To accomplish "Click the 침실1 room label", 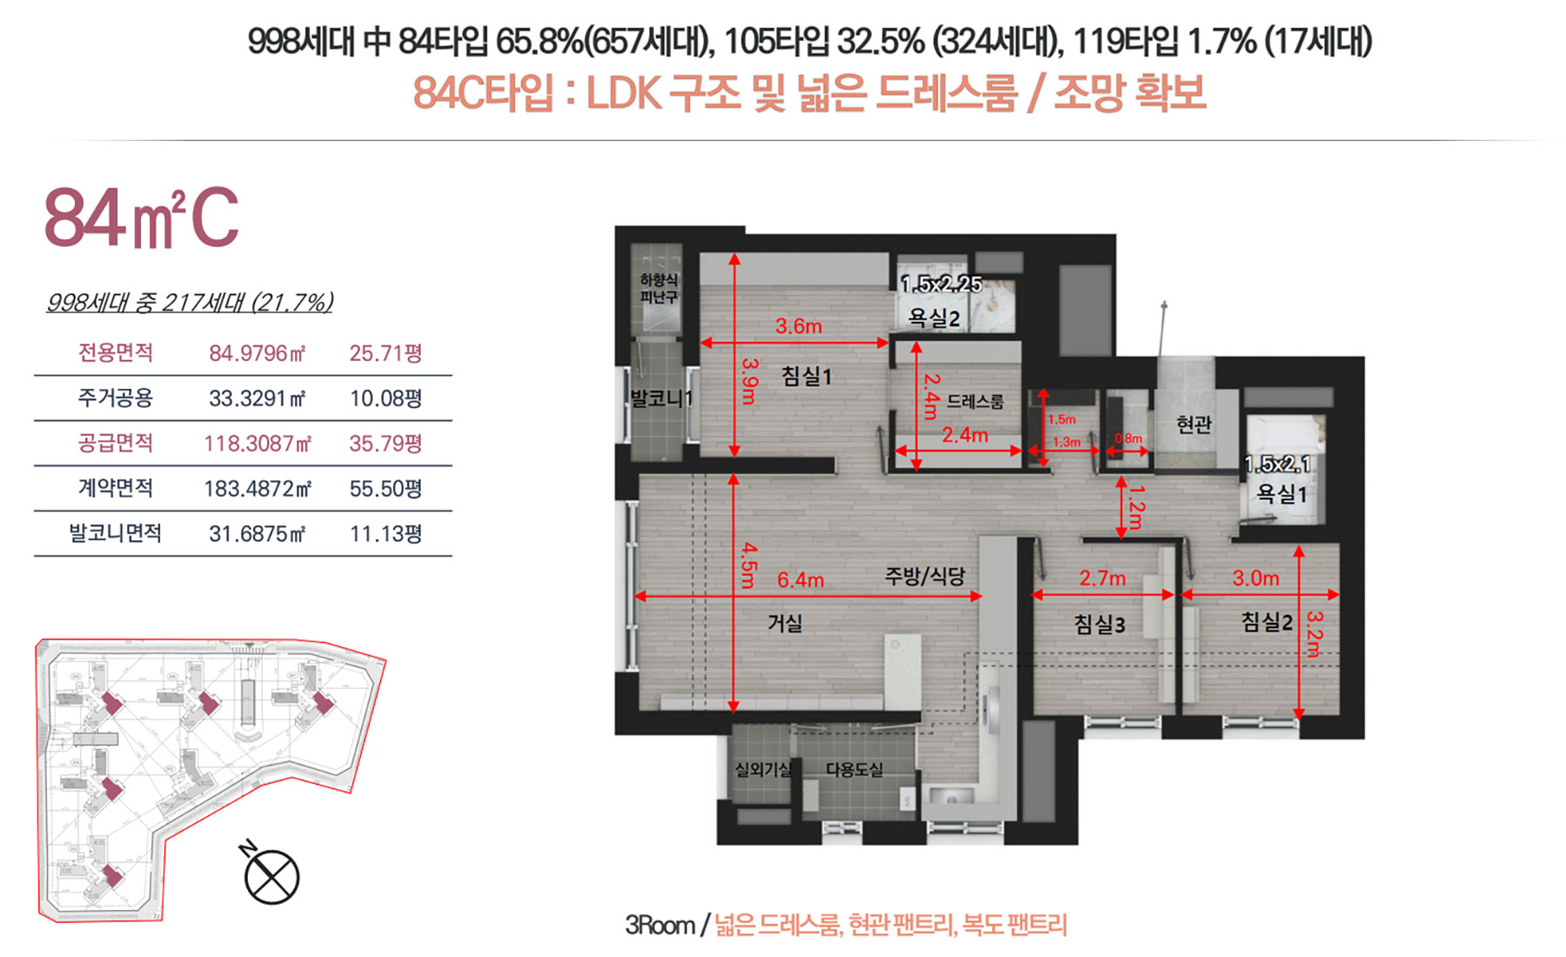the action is point(806,376).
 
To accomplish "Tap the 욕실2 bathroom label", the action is point(934,318).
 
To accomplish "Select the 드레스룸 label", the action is point(974,401).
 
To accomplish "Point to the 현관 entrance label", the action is point(1194,425).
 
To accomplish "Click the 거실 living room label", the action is point(785,623).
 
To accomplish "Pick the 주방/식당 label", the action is point(925,576).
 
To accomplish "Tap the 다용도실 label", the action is point(854,769).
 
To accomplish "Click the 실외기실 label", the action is point(763,769).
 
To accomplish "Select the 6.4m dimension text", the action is point(800,579).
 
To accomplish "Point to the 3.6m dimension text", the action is point(799,326).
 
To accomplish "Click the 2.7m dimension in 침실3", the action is point(1102,578).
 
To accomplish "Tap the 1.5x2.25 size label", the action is point(941,284).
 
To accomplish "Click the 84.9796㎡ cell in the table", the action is point(258,353).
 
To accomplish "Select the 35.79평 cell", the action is point(385,444).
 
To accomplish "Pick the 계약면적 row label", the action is point(116,488).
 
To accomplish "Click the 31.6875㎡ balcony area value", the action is point(258,533).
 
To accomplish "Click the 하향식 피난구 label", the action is point(659,289).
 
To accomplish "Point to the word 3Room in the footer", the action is point(660,925).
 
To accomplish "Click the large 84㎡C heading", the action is point(141,217).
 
